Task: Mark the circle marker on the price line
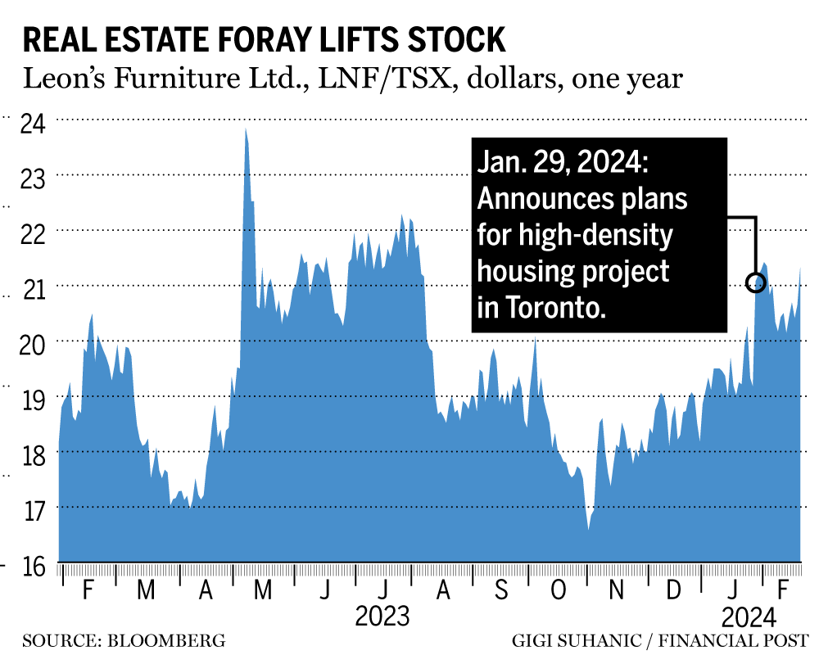click(x=755, y=283)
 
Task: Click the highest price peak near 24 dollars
click(x=245, y=129)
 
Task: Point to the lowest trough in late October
click(x=588, y=529)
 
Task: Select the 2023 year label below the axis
click(x=382, y=616)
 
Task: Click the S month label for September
click(x=501, y=589)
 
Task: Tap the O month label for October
click(x=559, y=589)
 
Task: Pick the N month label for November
click(x=618, y=589)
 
